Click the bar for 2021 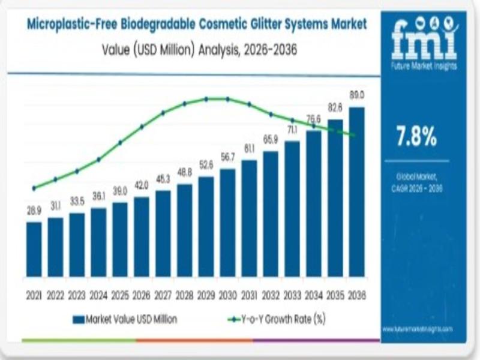pyautogui.click(x=34, y=249)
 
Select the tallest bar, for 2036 pyautogui.click(x=356, y=192)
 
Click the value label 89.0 pyautogui.click(x=357, y=95)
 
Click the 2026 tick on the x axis pyautogui.click(x=141, y=295)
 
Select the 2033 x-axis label pyautogui.click(x=292, y=295)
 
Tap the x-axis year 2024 pyautogui.click(x=98, y=295)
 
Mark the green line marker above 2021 pyautogui.click(x=34, y=188)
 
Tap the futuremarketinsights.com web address pyautogui.click(x=416, y=329)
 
